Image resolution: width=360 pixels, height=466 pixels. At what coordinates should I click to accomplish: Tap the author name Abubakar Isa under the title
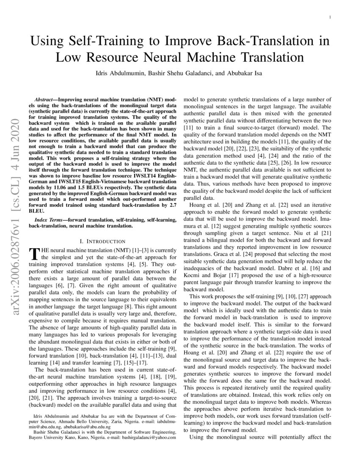(244, 73)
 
